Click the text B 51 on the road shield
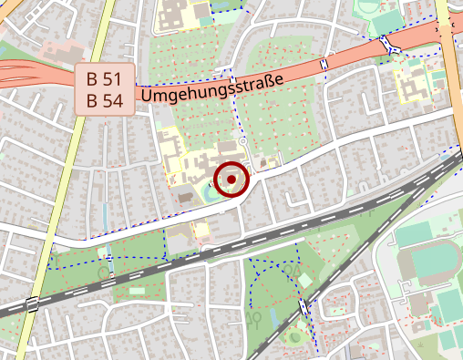[x=105, y=78]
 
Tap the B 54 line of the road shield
[x=105, y=100]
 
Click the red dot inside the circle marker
[x=231, y=180]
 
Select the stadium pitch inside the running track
[x=427, y=265]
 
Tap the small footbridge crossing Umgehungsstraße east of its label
[x=324, y=64]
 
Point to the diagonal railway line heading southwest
[x=355, y=255]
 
